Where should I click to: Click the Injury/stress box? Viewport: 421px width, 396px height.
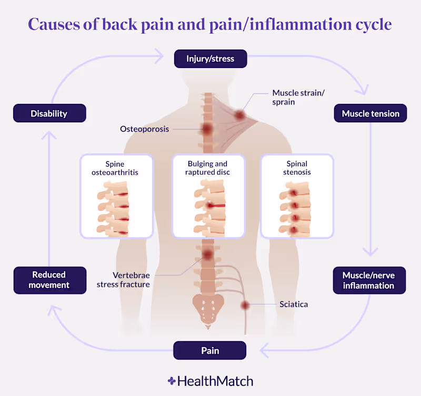coord(210,59)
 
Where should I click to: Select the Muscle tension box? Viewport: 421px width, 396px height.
coord(370,113)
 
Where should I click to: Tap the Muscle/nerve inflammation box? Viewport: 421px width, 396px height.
coord(369,281)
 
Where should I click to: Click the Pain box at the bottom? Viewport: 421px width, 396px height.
coord(209,351)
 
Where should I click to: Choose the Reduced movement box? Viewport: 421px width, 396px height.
coord(50,281)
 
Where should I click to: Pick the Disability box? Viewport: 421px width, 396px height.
coord(49,113)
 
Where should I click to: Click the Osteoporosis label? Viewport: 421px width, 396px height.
coord(144,129)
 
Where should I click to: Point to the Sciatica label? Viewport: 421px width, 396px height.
coord(294,304)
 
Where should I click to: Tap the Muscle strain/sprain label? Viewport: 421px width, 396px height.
coord(298,98)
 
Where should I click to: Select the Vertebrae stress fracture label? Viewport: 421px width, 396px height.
coord(123,280)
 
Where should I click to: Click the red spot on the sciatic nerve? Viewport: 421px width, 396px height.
coord(245,305)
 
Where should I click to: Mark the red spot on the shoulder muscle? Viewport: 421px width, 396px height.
coord(239,115)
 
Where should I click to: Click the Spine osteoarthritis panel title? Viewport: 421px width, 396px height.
coord(115,168)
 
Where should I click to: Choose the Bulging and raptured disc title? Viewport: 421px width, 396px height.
coord(207,168)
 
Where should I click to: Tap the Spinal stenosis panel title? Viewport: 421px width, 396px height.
coord(297,168)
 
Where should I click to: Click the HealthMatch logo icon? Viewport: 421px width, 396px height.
coord(172,381)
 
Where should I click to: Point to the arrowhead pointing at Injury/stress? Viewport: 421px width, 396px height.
coord(160,56)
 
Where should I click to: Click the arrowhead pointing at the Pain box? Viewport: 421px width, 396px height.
coord(264,351)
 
